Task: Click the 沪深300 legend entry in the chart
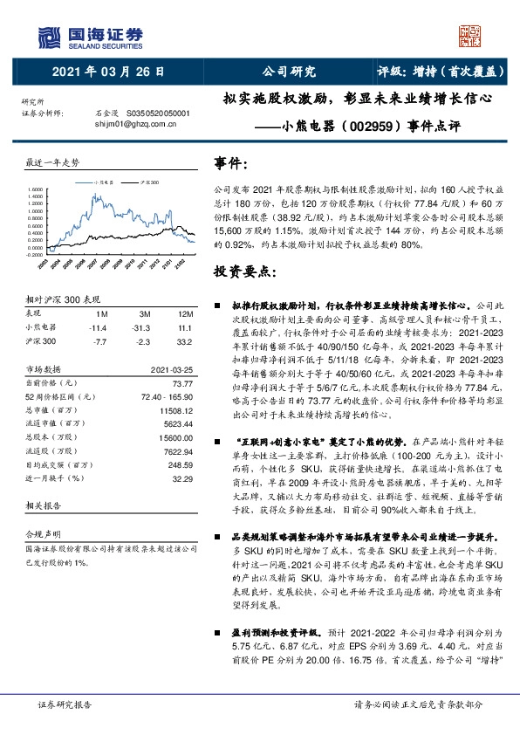pos(149,181)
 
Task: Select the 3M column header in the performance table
pos(146,313)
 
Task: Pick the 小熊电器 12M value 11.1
pos(184,326)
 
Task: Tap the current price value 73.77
pos(181,382)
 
